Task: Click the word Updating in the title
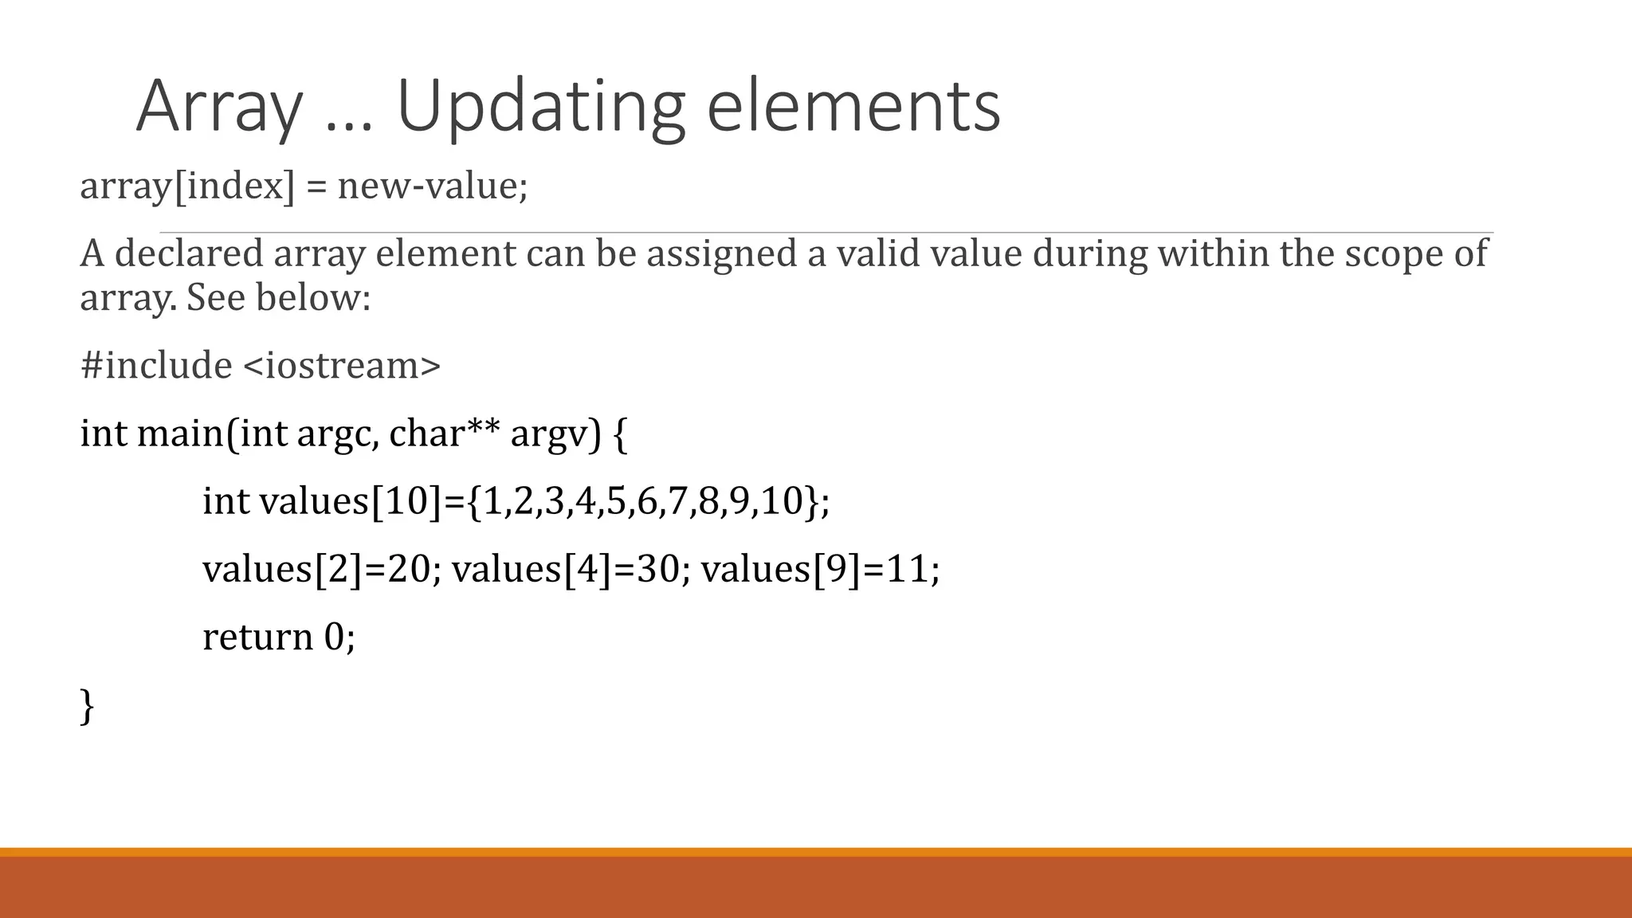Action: coord(540,108)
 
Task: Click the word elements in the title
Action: coord(853,108)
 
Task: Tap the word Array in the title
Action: coord(219,108)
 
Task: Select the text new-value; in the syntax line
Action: coord(433,186)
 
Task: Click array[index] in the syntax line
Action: coord(187,186)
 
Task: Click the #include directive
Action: coord(156,366)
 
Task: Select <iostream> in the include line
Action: coord(341,366)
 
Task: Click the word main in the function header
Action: coord(180,433)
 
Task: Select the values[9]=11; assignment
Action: coord(820,569)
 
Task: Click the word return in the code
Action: coord(257,637)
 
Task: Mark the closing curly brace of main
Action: coord(87,706)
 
